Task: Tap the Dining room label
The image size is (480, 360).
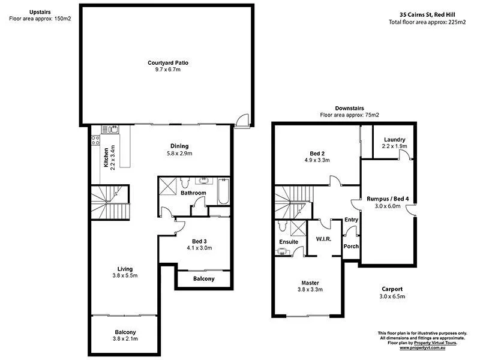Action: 179,146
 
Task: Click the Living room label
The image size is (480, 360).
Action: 125,268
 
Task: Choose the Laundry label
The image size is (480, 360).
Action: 394,139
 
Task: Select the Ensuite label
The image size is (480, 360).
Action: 289,242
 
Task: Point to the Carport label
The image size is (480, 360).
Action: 391,289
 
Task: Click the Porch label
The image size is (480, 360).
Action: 350,245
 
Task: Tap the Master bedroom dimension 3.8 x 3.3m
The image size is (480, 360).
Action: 310,290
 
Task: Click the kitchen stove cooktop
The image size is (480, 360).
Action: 95,141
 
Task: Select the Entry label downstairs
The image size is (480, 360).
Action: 351,220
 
